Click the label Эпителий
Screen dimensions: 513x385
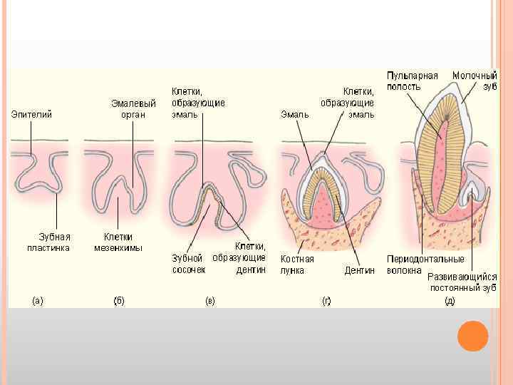click(x=31, y=114)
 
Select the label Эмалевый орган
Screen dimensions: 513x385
click(x=133, y=109)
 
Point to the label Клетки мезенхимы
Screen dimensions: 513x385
click(x=118, y=242)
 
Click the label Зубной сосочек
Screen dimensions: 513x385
click(x=189, y=264)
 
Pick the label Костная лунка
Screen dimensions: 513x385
click(x=297, y=265)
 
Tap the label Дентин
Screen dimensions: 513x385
click(x=359, y=270)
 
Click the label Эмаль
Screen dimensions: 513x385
click(x=294, y=114)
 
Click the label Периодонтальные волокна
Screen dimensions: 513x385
click(x=425, y=265)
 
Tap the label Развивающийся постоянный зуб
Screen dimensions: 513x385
click(x=462, y=282)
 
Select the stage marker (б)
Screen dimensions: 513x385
click(x=119, y=301)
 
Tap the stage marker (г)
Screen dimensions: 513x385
click(x=326, y=301)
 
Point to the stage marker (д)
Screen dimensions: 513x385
click(x=450, y=301)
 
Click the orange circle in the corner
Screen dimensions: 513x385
click(x=472, y=336)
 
